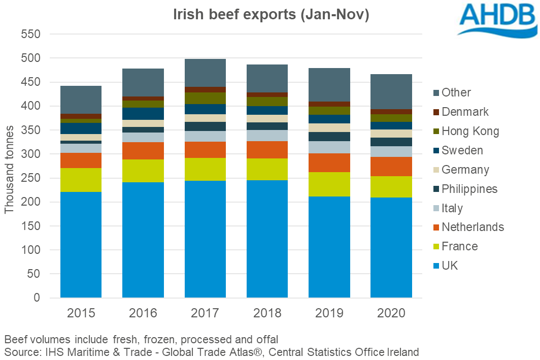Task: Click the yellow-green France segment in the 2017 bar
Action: (205, 169)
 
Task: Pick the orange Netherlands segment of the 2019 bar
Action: (329, 162)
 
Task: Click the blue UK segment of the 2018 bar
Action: (267, 239)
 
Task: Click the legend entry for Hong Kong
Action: (470, 131)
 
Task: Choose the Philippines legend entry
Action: (469, 189)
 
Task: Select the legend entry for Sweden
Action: (462, 150)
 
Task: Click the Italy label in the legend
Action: (452, 208)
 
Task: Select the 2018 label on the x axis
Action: (267, 313)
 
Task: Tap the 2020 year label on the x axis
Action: (391, 313)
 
